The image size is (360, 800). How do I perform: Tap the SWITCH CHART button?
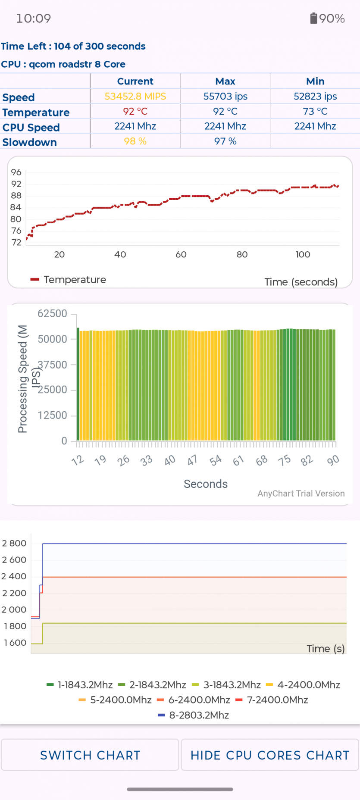[x=90, y=755]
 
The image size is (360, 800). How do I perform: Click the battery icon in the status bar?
[x=313, y=18]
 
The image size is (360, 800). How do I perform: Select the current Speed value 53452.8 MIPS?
[x=135, y=97]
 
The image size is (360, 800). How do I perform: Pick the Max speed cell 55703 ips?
[x=225, y=97]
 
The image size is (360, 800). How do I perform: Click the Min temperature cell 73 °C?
[x=315, y=111]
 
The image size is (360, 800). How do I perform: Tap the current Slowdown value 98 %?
[x=135, y=141]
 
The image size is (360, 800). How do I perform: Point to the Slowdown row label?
[x=30, y=142]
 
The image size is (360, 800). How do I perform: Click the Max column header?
[x=225, y=81]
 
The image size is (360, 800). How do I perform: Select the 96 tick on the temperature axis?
[x=16, y=172]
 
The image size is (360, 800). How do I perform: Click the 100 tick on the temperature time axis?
[x=303, y=254]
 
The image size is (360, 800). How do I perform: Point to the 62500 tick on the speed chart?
[x=52, y=313]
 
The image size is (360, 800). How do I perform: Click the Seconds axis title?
[x=206, y=484]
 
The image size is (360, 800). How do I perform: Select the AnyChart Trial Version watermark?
[x=301, y=494]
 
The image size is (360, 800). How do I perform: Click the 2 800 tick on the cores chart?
[x=14, y=543]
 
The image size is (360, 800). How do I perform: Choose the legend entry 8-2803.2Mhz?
[x=194, y=715]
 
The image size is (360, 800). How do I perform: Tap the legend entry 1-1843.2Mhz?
[x=80, y=685]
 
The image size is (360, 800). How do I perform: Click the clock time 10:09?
[x=34, y=19]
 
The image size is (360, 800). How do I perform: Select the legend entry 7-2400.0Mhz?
[x=272, y=700]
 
